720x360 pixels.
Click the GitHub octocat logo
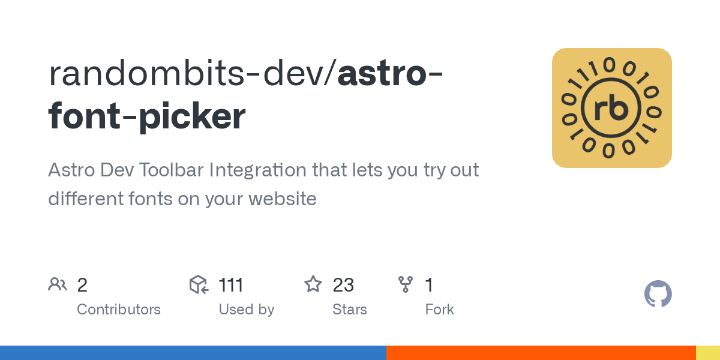(658, 294)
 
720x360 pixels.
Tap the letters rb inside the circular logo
(611, 109)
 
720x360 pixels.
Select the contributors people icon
(58, 284)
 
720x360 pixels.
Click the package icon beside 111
(199, 284)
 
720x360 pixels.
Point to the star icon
(313, 284)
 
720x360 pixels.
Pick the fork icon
(406, 284)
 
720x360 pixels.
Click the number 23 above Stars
(343, 285)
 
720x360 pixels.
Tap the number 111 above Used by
(231, 285)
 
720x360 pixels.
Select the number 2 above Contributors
(82, 285)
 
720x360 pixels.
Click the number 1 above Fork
(429, 285)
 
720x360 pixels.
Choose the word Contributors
(119, 310)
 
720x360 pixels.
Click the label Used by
(246, 310)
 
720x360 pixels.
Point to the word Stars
(349, 310)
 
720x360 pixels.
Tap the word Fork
(439, 310)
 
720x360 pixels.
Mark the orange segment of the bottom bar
(541, 353)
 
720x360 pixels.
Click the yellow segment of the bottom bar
(707, 353)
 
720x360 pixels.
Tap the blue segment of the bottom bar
(193, 353)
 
